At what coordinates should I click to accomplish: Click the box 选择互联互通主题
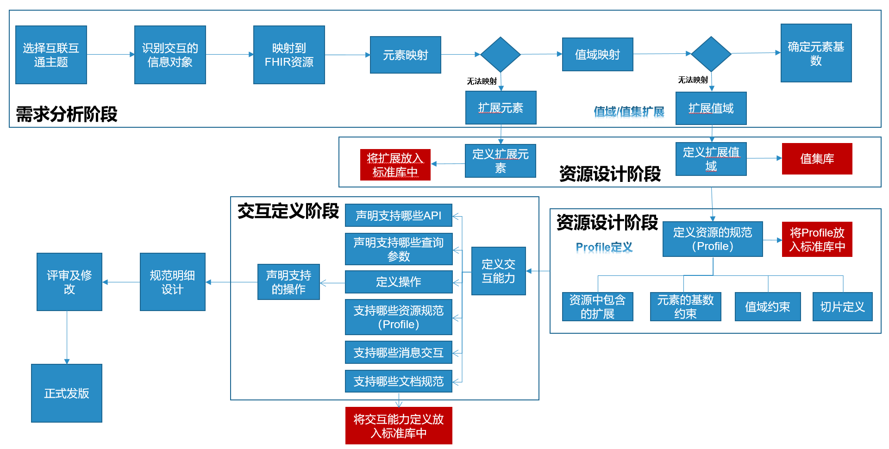51,55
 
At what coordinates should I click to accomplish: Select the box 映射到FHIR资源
289,55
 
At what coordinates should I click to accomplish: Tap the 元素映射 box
405,55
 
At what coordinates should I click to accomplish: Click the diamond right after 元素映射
501,55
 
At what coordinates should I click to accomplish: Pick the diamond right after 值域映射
711,54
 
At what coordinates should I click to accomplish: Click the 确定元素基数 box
816,53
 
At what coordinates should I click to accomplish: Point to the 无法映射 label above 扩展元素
482,81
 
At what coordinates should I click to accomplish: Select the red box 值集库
817,159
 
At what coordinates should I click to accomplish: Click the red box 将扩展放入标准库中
395,165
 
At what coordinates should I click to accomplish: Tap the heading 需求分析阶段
67,114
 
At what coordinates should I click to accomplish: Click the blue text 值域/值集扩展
629,112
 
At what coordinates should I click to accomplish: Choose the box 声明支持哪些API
398,215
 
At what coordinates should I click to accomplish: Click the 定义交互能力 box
498,271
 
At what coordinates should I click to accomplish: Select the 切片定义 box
842,306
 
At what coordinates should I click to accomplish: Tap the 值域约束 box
767,306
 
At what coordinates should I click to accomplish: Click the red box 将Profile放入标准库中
817,239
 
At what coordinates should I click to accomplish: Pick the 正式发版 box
67,393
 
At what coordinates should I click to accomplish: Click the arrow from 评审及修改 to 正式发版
67,338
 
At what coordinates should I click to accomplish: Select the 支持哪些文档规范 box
398,381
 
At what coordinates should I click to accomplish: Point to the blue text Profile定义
604,247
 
